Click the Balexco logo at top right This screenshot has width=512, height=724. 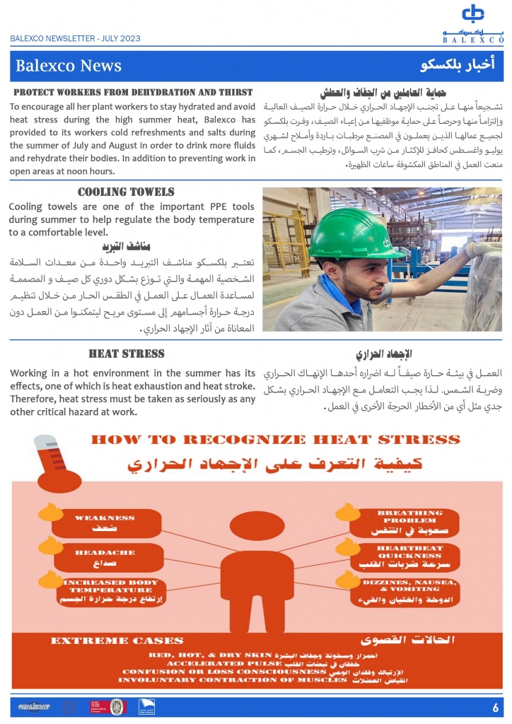click(473, 21)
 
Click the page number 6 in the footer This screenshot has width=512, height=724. click(495, 707)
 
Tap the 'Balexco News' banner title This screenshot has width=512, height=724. click(69, 66)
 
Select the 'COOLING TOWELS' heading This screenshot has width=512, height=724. click(126, 192)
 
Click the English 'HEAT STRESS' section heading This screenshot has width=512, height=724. click(126, 354)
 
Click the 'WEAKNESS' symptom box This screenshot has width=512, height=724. click(105, 522)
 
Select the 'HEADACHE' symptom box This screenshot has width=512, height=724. click(105, 558)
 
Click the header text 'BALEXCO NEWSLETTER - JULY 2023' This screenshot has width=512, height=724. click(75, 39)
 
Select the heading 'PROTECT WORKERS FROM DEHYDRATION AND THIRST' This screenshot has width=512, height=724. click(133, 92)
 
